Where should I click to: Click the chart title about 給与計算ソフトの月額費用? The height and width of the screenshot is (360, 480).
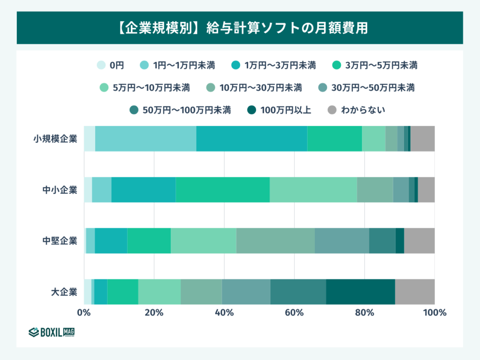[240, 28]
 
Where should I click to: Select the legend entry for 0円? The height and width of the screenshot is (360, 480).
[111, 65]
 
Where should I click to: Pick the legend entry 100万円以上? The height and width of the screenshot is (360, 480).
[279, 110]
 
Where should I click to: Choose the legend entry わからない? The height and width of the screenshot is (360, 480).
[356, 110]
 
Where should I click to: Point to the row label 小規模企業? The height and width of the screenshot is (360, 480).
[55, 139]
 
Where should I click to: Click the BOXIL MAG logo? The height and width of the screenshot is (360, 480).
[52, 332]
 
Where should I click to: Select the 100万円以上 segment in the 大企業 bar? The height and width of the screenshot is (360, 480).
[360, 292]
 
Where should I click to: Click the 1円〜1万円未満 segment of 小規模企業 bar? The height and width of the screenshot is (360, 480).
[145, 139]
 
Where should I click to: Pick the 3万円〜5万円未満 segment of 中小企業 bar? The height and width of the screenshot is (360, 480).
[223, 190]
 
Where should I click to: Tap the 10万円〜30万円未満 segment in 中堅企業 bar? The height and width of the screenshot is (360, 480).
[275, 241]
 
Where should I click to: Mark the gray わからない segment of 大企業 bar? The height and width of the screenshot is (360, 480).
[415, 292]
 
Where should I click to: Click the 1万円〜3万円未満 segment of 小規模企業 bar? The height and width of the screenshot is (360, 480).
[252, 139]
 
